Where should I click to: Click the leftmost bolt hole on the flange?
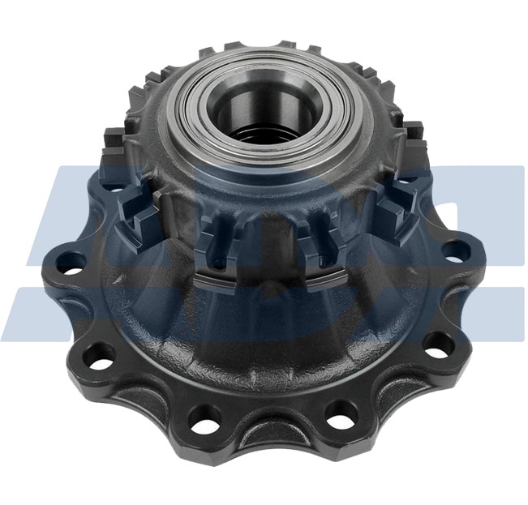[x=71, y=262]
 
